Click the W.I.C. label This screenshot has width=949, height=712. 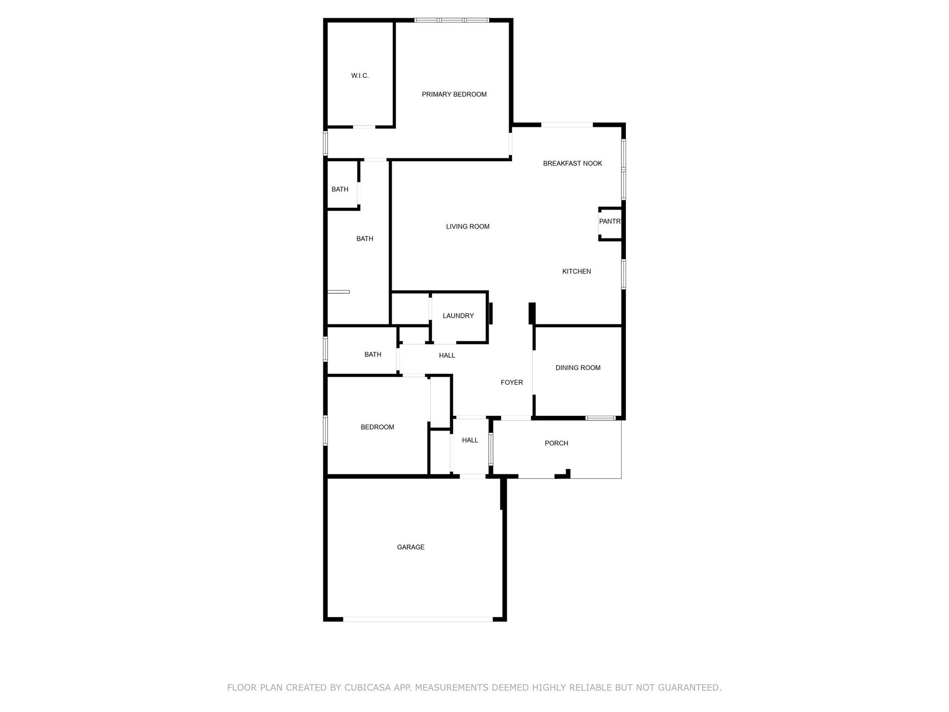point(360,76)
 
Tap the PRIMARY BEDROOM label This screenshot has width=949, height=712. point(454,95)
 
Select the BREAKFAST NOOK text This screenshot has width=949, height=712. point(572,163)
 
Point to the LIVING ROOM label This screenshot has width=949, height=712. point(468,227)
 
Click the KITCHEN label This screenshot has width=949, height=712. point(576,272)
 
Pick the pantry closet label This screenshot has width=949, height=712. point(609,222)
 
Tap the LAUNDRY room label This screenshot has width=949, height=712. point(458,316)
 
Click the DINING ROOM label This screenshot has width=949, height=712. point(578,368)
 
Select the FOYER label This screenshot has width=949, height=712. point(512,383)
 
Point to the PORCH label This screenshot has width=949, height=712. point(556,444)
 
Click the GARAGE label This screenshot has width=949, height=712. point(411,547)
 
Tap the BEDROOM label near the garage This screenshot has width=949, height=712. point(377,427)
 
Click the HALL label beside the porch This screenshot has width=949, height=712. point(470,440)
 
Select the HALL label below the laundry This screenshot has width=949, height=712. point(447,356)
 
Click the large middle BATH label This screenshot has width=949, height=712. point(365,239)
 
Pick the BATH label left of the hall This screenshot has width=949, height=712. point(373,355)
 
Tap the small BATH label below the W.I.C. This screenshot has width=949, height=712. point(340,190)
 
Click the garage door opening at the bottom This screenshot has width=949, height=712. point(418,619)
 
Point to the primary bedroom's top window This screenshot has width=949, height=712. point(452,20)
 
